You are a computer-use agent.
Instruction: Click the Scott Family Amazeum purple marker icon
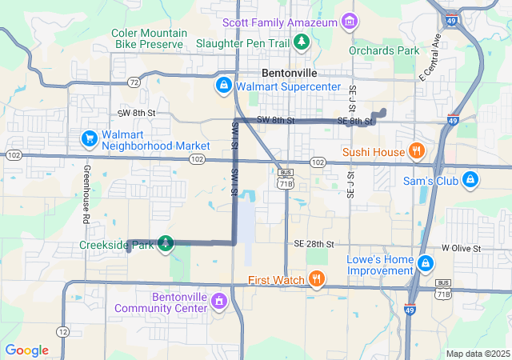coord(349,22)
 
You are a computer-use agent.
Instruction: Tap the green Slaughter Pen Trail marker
coord(301,41)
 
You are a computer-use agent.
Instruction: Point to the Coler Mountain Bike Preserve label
coord(150,39)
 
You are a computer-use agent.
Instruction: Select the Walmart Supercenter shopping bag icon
coord(223,85)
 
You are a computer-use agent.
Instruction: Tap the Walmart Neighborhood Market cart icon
coord(90,139)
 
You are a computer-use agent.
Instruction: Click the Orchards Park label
coord(384,50)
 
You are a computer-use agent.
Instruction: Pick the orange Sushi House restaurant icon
coord(415,151)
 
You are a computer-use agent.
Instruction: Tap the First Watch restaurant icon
coord(317,279)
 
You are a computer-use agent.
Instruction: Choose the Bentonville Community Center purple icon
coord(220,302)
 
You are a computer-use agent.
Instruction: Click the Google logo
coord(26,350)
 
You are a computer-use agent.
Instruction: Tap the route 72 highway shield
coord(134,82)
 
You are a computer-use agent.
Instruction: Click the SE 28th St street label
coord(313,243)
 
